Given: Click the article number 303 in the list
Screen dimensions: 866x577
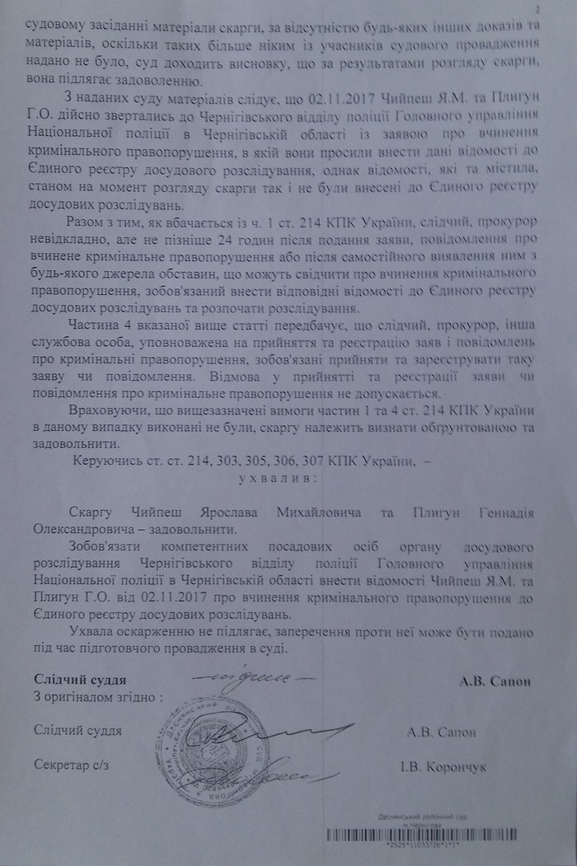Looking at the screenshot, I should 232,462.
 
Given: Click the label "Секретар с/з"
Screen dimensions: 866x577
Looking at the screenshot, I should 71,764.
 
